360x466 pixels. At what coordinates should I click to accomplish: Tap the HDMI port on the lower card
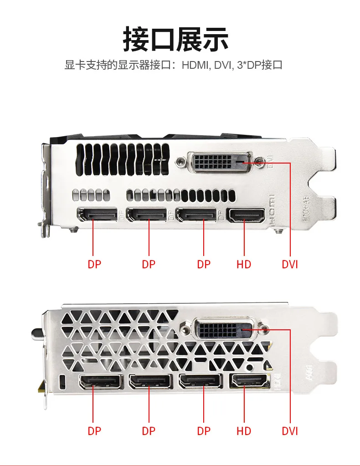coord(249,381)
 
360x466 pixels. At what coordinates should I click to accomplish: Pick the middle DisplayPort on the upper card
coord(147,215)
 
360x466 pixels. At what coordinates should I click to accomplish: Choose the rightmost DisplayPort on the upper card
coord(196,215)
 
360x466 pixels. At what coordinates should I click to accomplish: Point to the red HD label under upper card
coord(244,264)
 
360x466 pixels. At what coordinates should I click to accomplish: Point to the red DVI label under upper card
coord(289,264)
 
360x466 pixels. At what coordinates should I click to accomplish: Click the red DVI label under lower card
coord(289,430)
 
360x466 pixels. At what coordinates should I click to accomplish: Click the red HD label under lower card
coord(244,430)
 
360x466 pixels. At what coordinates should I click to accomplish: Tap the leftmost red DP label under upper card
coord(94,264)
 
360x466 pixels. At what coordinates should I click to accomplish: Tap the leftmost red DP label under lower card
coord(94,430)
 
